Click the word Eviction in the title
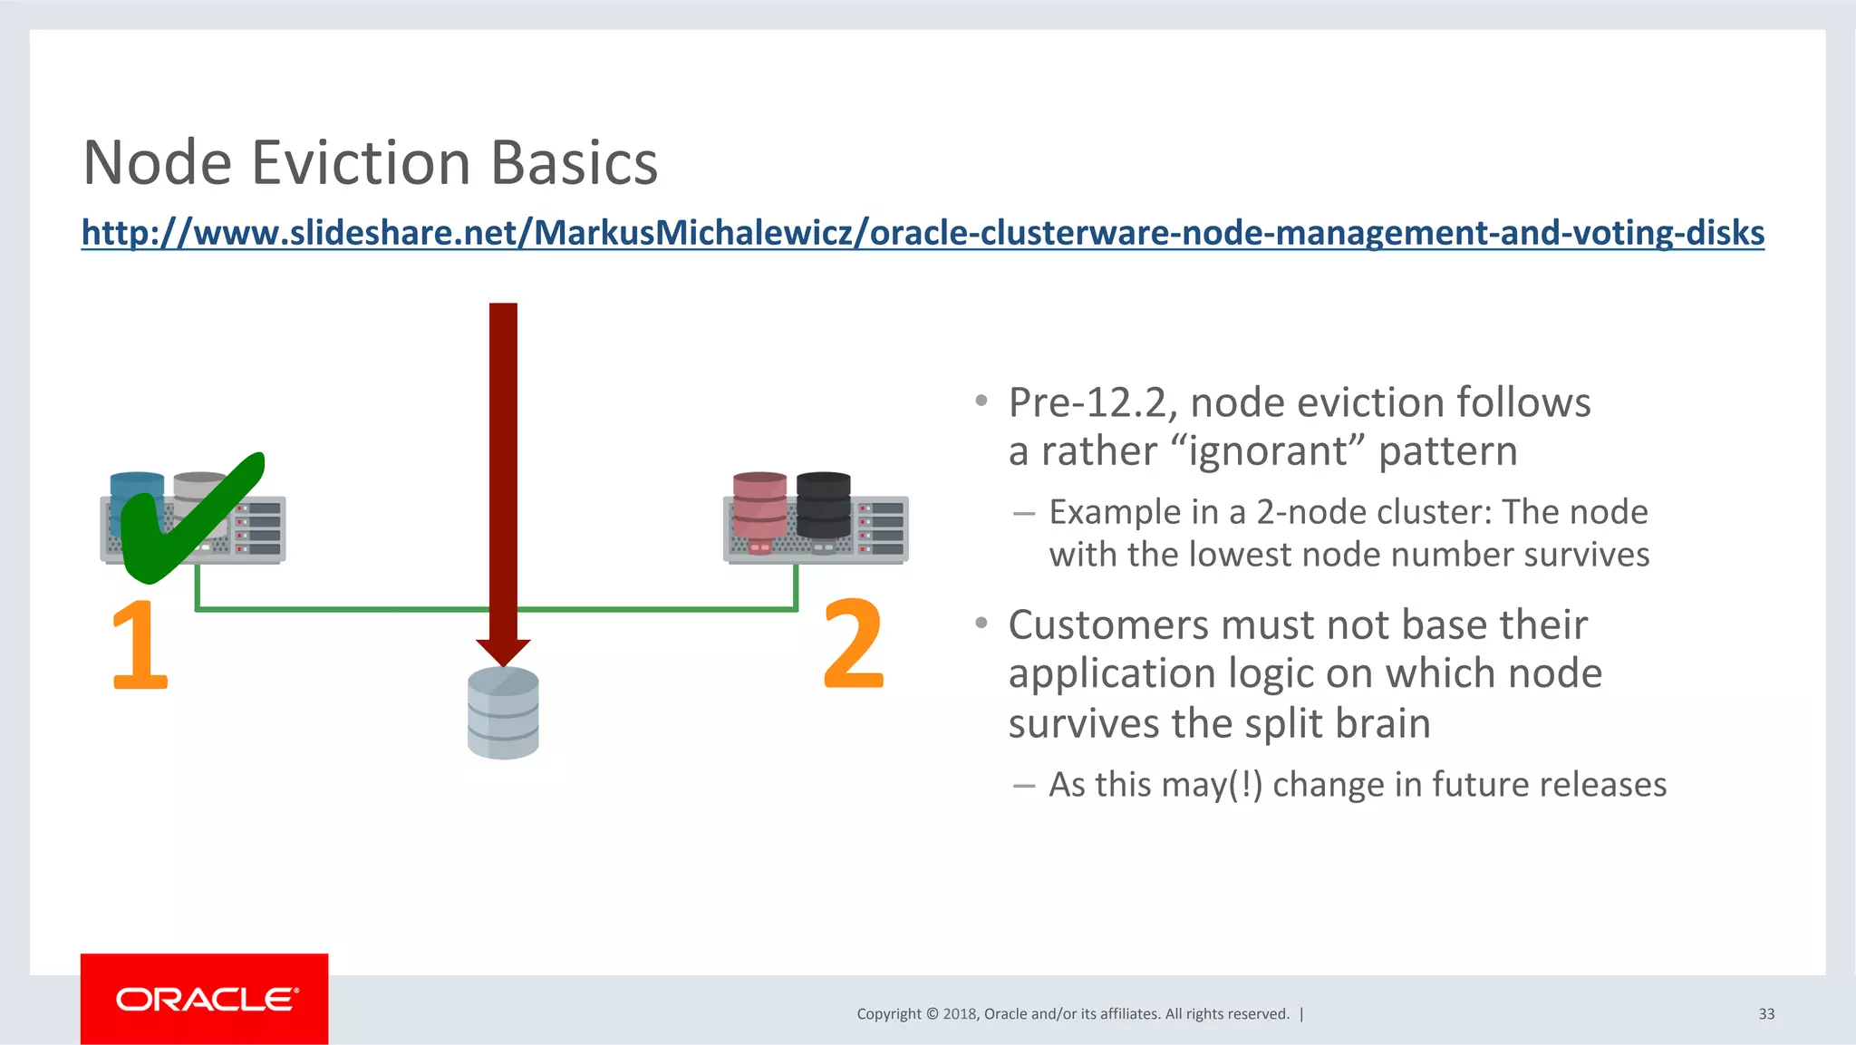361,164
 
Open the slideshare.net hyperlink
922,233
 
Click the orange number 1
139,644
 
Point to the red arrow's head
503,651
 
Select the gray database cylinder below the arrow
503,713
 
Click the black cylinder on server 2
823,505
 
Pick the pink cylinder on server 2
759,506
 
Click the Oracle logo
205,999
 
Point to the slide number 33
1766,1014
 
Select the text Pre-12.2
1092,403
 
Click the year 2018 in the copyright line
959,1014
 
